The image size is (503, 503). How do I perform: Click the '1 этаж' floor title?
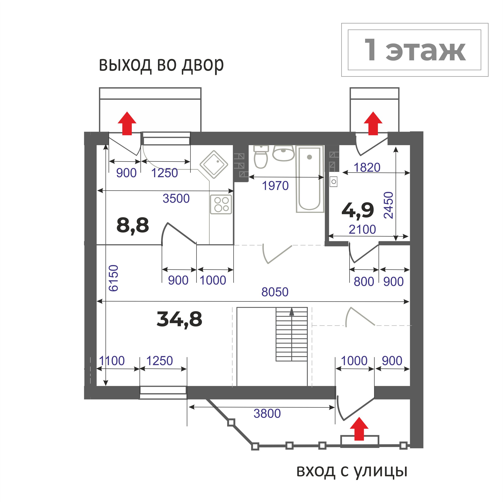pyautogui.click(x=415, y=50)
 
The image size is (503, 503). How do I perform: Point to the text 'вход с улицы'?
pyautogui.click(x=352, y=471)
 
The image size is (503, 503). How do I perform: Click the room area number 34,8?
pyautogui.click(x=179, y=320)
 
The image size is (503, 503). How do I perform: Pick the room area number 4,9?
pyautogui.click(x=358, y=210)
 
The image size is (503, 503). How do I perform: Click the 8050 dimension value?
pyautogui.click(x=275, y=292)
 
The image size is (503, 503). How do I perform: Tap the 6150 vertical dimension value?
pyautogui.click(x=114, y=278)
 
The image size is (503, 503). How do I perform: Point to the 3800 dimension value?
pyautogui.click(x=267, y=413)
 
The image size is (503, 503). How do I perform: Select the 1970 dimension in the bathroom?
pyautogui.click(x=275, y=186)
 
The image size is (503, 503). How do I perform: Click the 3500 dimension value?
pyautogui.click(x=176, y=199)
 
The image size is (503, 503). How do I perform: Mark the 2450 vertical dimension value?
pyautogui.click(x=388, y=205)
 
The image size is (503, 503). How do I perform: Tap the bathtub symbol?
pyautogui.click(x=310, y=179)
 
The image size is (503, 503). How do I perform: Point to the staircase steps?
pyautogui.click(x=292, y=334)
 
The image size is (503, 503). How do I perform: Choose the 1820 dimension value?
pyautogui.click(x=367, y=168)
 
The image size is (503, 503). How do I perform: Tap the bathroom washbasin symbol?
pyautogui.click(x=283, y=153)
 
